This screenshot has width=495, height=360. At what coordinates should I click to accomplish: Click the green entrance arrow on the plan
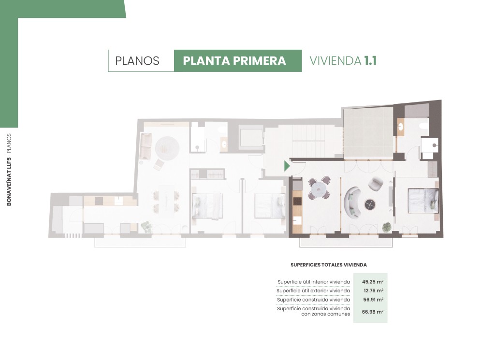click(287, 166)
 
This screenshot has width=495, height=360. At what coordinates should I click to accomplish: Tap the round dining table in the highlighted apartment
click(319, 190)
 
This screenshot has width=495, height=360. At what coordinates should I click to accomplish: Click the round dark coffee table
click(370, 204)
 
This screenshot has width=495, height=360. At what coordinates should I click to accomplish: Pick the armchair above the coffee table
click(376, 184)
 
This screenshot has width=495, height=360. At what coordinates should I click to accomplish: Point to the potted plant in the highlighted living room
click(386, 227)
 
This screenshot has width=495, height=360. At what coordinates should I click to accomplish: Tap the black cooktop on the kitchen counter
click(297, 202)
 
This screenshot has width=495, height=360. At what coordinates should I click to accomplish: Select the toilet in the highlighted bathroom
click(423, 126)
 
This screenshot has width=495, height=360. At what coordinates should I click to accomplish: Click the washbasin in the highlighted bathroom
click(401, 127)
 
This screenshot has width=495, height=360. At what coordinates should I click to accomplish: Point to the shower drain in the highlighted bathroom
click(435, 145)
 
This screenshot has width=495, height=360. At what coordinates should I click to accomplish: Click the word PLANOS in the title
click(137, 61)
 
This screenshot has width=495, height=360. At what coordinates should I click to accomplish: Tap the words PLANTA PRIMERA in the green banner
click(234, 61)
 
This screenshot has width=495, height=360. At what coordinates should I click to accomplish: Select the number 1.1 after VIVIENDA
click(370, 60)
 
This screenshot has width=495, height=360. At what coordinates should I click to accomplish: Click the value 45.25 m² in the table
click(373, 282)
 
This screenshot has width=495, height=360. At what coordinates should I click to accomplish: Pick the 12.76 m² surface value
click(374, 290)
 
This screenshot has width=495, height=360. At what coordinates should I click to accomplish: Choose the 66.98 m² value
click(373, 312)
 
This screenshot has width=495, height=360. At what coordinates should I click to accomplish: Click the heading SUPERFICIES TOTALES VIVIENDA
click(329, 265)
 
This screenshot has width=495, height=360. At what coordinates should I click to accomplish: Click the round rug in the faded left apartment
click(167, 148)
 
